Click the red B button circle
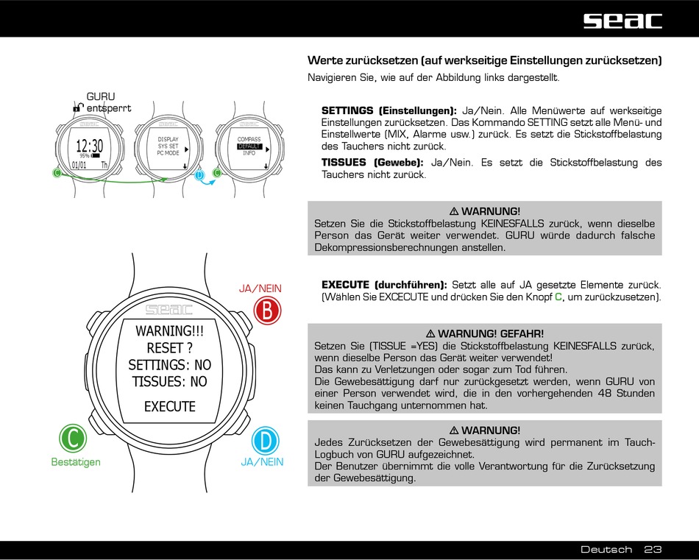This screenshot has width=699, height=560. [x=266, y=311]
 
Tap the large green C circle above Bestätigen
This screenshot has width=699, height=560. [x=73, y=439]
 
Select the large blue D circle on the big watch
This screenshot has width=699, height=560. [x=266, y=441]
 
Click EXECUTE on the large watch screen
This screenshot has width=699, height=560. [x=169, y=406]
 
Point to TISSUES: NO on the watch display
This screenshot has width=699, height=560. [x=169, y=381]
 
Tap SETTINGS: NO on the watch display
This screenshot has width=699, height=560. [x=169, y=365]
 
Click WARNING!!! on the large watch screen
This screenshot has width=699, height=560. [x=169, y=331]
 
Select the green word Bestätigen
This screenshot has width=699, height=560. [x=76, y=462]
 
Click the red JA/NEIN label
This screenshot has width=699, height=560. [x=260, y=288]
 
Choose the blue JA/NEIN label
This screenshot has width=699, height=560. [x=262, y=462]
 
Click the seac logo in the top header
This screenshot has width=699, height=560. [x=622, y=20]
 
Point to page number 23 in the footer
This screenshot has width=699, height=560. [x=653, y=550]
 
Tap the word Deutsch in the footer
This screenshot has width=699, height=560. [x=606, y=550]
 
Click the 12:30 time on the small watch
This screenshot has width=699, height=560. [x=89, y=146]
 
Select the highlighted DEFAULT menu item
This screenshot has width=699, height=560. [x=249, y=146]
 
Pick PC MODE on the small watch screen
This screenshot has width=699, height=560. [x=168, y=153]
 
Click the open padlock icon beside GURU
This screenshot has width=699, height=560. [x=77, y=107]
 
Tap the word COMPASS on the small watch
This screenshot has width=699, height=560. [x=249, y=139]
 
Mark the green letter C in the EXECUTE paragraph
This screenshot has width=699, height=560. [x=558, y=297]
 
